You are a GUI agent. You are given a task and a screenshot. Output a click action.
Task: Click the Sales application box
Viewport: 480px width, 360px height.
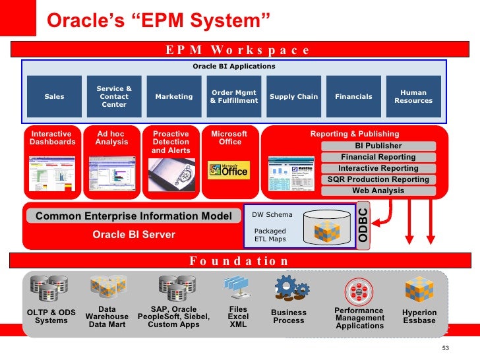point(54,97)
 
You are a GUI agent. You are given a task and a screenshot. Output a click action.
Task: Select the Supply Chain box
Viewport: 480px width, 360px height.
point(293,97)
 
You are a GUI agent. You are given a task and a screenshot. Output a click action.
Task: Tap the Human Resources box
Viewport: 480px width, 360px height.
point(413,97)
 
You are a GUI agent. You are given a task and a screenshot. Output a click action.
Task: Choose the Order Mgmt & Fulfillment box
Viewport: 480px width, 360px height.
point(234,97)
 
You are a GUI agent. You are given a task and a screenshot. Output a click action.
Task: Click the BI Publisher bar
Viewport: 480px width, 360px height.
point(378,146)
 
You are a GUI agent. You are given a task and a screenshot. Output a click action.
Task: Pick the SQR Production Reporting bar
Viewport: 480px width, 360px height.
point(378,179)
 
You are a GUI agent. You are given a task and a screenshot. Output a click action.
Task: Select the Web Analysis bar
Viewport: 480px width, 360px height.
point(378,191)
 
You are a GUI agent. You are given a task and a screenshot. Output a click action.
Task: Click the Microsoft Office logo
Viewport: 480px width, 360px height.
point(228,170)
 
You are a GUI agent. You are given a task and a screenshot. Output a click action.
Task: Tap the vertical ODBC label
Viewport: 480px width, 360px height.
point(364,225)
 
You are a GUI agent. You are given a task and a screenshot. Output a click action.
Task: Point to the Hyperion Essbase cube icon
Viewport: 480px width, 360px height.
point(419,289)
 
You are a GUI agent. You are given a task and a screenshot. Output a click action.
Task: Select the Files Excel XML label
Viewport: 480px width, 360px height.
point(238,316)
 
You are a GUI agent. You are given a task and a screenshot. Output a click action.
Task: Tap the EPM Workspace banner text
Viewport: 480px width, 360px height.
point(237,50)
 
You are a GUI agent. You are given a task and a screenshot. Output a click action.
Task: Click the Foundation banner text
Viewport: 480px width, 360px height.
point(239,260)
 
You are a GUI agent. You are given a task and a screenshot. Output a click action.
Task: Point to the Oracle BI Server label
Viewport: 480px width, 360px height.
point(134,235)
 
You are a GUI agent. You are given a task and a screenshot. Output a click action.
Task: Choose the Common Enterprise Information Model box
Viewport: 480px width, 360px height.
point(134,216)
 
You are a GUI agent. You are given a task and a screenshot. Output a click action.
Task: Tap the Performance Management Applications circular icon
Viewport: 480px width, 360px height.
point(359,290)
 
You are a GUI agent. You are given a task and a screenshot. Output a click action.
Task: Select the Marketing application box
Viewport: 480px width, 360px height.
point(174,97)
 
